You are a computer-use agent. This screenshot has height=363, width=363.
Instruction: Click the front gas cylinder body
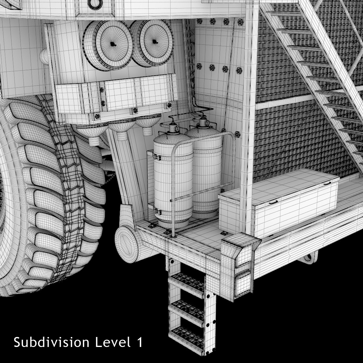tap(173, 179)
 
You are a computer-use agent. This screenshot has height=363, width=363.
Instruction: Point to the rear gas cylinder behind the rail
tap(206, 169)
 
